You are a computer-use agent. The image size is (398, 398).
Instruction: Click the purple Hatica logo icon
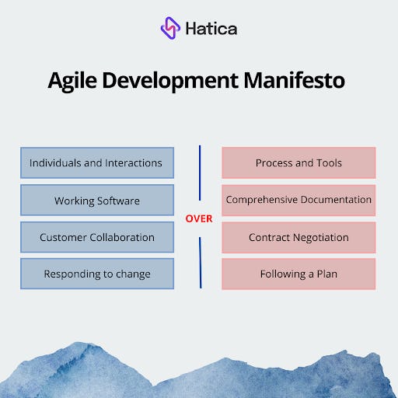pos(170,29)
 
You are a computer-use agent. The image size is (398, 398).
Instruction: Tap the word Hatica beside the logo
pos(211,30)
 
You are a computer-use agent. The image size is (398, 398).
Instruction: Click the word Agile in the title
pos(74,80)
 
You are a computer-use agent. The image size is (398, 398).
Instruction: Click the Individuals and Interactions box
pos(96,163)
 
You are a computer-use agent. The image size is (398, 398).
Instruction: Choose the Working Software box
pos(96,201)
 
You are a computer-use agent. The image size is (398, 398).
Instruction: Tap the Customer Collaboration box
pos(96,237)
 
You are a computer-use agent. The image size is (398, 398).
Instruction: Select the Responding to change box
pos(96,274)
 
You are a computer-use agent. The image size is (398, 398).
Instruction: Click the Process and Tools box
pos(298,163)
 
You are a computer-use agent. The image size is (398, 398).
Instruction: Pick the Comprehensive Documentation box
pos(298,200)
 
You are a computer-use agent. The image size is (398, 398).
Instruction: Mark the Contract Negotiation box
pos(298,237)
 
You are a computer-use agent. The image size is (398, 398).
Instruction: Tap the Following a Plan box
pos(298,274)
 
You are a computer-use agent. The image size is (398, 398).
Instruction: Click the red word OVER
pos(198,218)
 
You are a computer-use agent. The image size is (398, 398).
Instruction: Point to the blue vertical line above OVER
pos(199,173)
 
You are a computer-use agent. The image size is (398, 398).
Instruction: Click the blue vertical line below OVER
pos(200,262)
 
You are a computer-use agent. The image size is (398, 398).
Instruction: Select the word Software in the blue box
pos(118,201)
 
